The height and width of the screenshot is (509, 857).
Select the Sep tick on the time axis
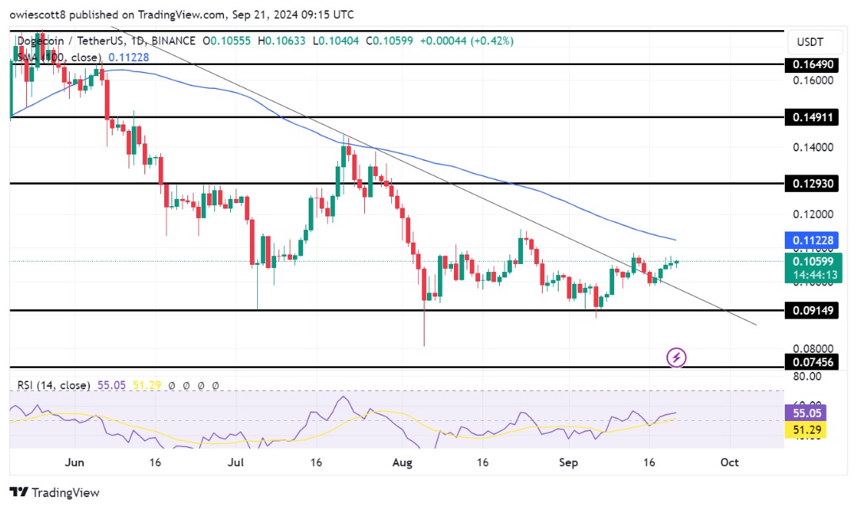click(x=567, y=461)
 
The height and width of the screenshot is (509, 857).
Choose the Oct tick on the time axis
click(x=729, y=461)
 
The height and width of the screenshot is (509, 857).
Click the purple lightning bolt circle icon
click(x=676, y=358)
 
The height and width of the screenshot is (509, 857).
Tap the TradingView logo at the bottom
click(x=55, y=492)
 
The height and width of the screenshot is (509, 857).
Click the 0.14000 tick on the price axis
click(x=813, y=147)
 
